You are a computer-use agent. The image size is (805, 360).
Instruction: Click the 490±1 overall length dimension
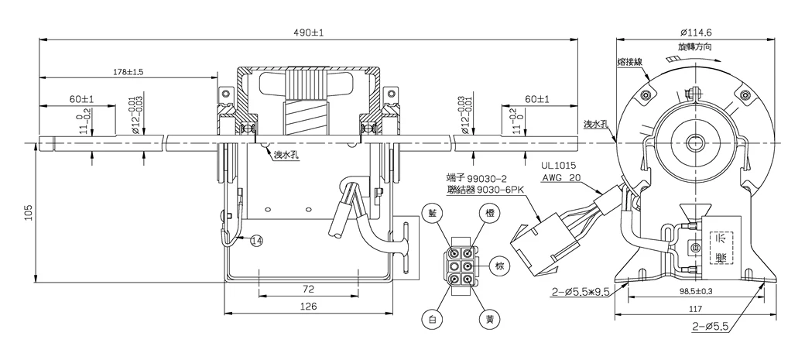tap(308, 33)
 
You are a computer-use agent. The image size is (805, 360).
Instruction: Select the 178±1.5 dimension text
tap(128, 71)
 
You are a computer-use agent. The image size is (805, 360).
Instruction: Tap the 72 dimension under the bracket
tap(308, 288)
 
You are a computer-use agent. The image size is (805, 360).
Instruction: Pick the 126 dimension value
tap(308, 307)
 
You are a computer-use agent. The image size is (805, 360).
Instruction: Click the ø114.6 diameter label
tap(696, 33)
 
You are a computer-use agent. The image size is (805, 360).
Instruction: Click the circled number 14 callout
tap(256, 242)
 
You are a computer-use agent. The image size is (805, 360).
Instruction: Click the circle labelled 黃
tap(488, 319)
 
